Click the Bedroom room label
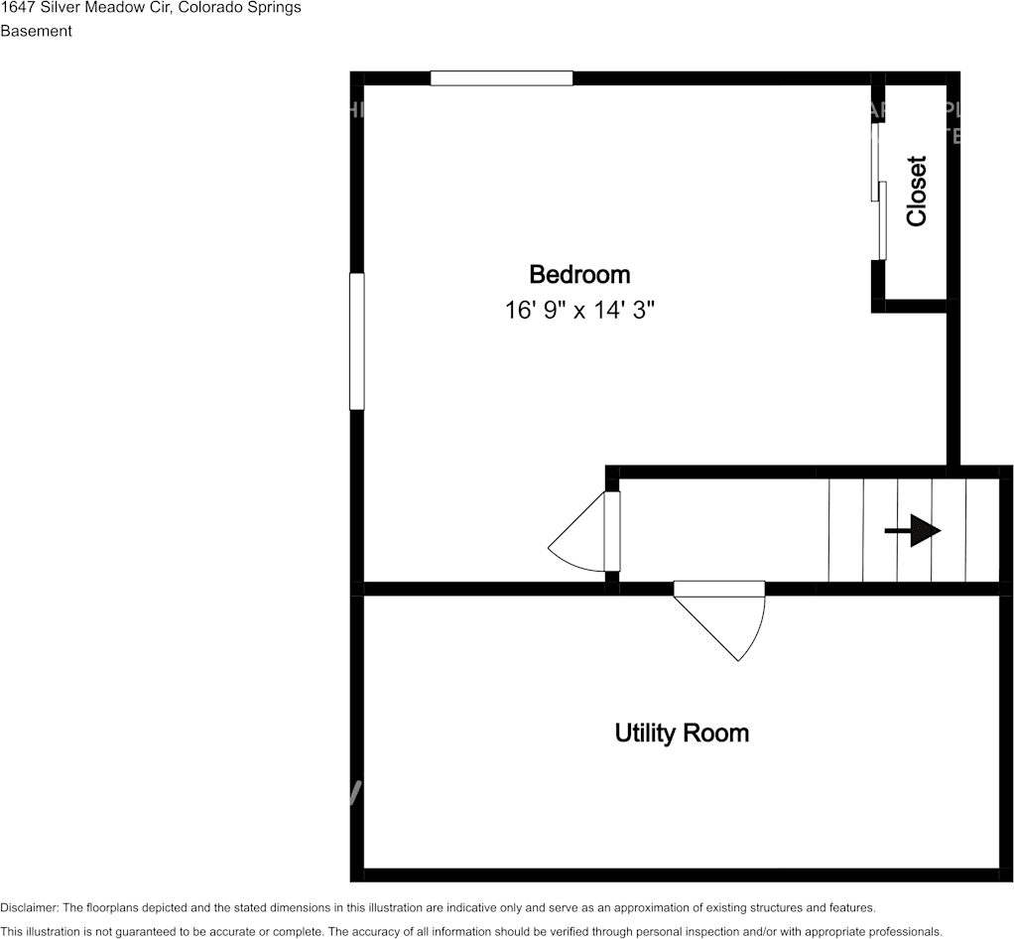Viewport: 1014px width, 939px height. [x=579, y=274]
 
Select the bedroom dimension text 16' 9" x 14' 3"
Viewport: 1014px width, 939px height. [x=580, y=311]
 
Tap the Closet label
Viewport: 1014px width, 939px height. [x=916, y=191]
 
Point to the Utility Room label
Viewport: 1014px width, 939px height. [x=682, y=734]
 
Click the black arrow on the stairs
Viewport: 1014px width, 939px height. [x=913, y=532]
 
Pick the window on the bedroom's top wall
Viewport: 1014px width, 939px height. [x=501, y=78]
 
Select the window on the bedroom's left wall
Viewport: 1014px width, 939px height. [x=357, y=341]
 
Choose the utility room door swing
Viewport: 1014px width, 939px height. [x=729, y=620]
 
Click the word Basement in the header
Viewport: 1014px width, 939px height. [x=36, y=31]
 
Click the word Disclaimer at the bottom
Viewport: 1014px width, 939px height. [x=29, y=907]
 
